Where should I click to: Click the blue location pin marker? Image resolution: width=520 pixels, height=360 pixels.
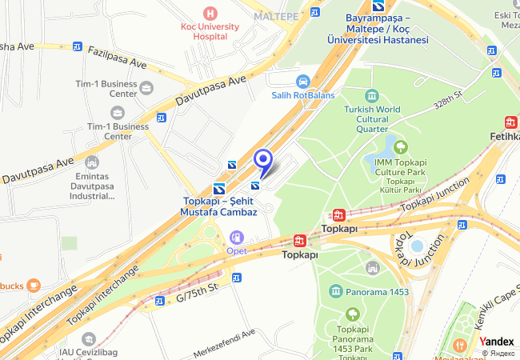(263, 160)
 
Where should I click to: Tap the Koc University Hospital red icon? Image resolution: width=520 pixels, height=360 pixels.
(210, 13)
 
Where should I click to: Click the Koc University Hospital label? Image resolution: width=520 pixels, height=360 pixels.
(210, 32)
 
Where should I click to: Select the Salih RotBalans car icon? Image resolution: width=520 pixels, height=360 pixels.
(302, 81)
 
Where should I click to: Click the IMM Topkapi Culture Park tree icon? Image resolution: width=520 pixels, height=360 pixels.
(400, 146)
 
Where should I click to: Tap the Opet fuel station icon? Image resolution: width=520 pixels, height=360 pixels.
(236, 237)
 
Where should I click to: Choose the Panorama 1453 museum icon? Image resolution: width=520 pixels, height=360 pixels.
(335, 291)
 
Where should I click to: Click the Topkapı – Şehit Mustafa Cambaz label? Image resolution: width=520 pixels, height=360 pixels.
(220, 206)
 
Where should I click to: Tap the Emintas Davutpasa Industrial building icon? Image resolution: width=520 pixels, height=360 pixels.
(92, 162)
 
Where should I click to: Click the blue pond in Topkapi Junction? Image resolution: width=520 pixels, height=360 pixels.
(416, 246)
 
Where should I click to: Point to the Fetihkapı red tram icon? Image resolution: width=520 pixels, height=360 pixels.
(511, 122)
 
